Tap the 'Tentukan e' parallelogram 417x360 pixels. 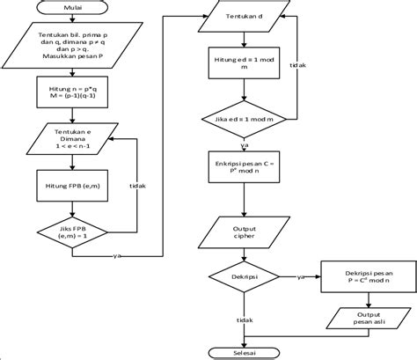[73, 141]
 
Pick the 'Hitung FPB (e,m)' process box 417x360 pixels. [73, 186]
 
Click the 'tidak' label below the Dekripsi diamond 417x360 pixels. [246, 321]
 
